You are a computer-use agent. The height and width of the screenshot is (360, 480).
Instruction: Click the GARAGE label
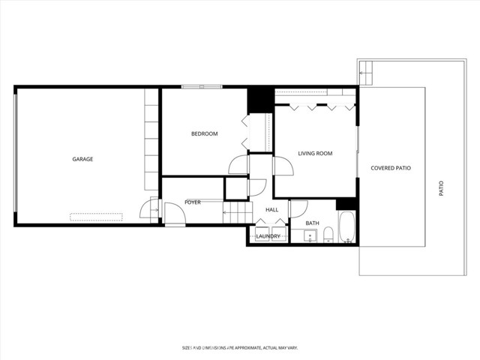point(82,159)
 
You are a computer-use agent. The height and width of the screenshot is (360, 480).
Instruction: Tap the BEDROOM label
point(204,134)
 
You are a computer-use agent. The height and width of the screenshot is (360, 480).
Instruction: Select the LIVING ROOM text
point(315,154)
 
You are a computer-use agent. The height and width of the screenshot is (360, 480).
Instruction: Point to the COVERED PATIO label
point(391,168)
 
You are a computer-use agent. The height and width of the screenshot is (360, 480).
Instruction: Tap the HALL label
point(271,210)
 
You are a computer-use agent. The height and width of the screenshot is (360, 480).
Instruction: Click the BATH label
point(312,223)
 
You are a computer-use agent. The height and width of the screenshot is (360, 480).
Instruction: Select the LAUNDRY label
point(268,237)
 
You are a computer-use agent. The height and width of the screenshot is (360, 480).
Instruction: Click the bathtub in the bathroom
point(346,229)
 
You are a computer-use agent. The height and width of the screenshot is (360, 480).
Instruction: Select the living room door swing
point(283,166)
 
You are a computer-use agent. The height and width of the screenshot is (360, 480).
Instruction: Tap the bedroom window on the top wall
point(202,87)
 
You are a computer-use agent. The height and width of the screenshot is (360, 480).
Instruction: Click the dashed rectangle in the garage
point(96,217)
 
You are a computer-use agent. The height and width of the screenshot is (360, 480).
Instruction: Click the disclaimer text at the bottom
point(239,347)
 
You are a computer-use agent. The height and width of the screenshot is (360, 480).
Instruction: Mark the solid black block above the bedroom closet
point(259,99)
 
